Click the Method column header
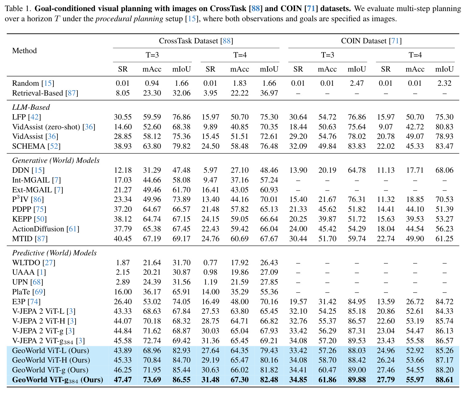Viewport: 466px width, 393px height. click(x=24, y=51)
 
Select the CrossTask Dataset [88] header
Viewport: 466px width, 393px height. click(x=196, y=41)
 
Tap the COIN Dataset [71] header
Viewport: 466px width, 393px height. click(x=371, y=41)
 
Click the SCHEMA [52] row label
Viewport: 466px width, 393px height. click(x=36, y=146)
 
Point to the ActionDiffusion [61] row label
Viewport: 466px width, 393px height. click(x=45, y=229)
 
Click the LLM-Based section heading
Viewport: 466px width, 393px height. click(x=31, y=107)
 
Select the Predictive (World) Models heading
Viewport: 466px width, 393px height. click(x=54, y=253)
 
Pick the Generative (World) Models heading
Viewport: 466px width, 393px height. click(x=56, y=160)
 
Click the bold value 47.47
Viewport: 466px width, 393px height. click(x=123, y=379)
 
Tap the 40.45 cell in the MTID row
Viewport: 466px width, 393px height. click(x=123, y=238)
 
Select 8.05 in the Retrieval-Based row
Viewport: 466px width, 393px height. click(x=123, y=93)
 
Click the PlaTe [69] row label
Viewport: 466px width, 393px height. click(x=29, y=292)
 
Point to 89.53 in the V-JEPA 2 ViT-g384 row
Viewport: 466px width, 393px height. click(x=357, y=340)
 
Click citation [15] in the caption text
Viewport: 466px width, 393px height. click(x=192, y=18)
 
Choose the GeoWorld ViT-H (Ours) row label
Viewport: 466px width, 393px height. click(x=51, y=360)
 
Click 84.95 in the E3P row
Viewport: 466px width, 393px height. click(x=357, y=301)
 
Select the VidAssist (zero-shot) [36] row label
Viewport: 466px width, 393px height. click(x=53, y=127)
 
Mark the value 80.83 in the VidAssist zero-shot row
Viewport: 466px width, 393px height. click(x=444, y=127)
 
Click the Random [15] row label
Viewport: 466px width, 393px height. click(x=33, y=83)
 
